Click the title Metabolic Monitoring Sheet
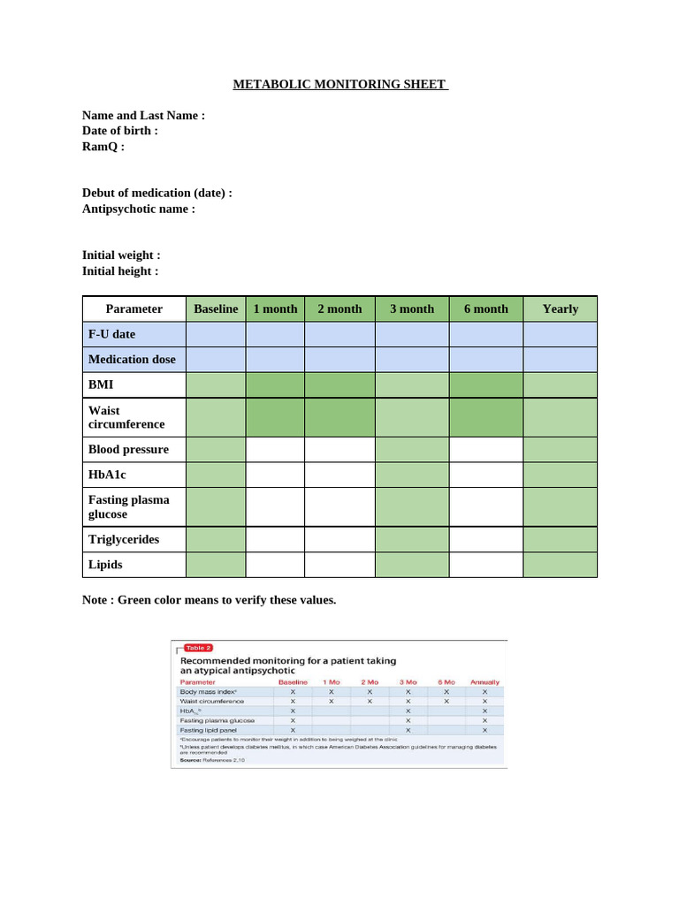(340, 85)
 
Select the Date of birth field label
(119, 131)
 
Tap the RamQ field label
(103, 147)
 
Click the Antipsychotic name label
(138, 209)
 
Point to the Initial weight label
(121, 255)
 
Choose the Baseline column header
(216, 308)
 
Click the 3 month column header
(412, 308)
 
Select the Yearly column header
(560, 308)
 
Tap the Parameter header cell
(134, 308)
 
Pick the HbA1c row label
(108, 475)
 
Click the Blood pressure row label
(128, 449)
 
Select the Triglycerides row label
(124, 539)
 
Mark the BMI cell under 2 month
(339, 385)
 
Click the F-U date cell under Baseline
(216, 334)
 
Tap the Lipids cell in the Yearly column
(560, 564)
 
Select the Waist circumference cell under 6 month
(486, 417)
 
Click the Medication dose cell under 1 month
(275, 360)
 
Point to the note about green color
(209, 600)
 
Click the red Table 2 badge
(197, 648)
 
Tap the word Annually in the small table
(484, 682)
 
